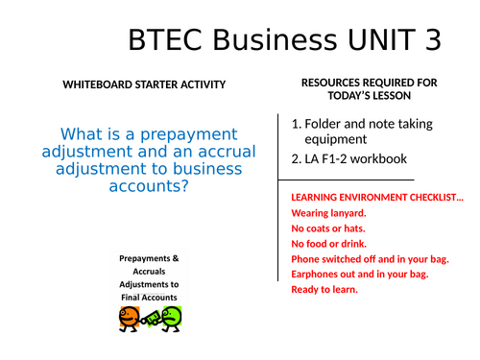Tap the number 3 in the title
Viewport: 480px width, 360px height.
430,41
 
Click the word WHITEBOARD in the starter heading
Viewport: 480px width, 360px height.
100,84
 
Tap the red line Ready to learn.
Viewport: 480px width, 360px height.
324,289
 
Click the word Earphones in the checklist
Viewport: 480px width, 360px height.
317,275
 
